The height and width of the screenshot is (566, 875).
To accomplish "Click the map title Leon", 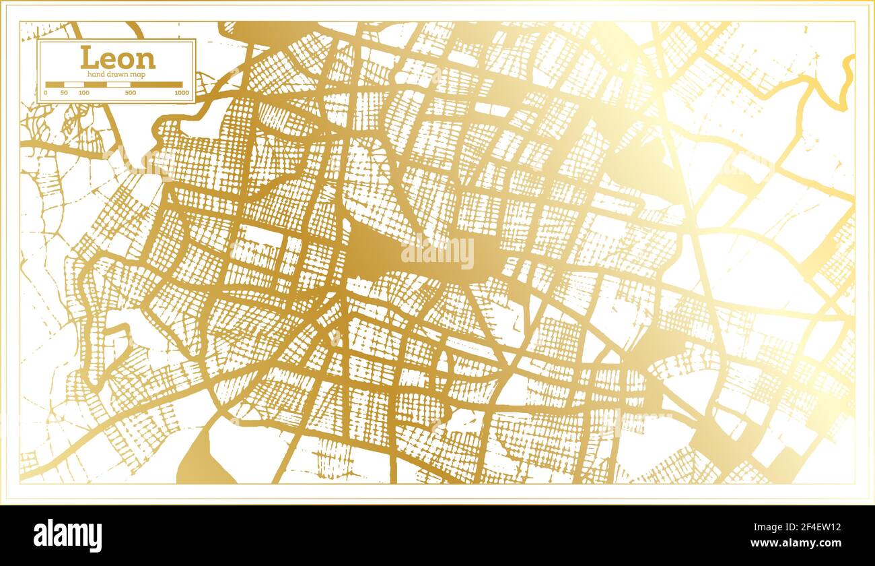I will pos(118,58).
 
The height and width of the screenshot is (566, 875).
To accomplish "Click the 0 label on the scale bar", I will pos(46,92).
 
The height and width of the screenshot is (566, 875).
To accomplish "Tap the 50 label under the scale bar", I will pos(63,92).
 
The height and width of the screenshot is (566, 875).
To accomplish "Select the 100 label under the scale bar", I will pos(83,92).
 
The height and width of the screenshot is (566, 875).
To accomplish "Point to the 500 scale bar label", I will pos(131,92).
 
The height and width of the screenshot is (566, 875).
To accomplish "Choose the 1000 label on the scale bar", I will pos(180,92).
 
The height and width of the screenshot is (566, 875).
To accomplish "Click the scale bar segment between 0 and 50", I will pos(55,85).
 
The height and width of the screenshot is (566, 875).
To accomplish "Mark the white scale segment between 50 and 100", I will pos(73,85).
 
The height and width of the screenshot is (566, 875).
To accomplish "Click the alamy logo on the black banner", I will pos(68,536).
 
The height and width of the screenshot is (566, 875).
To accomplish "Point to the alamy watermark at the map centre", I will pos(438,254).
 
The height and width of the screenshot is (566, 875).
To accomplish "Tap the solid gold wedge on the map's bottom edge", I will pos(199,458).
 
